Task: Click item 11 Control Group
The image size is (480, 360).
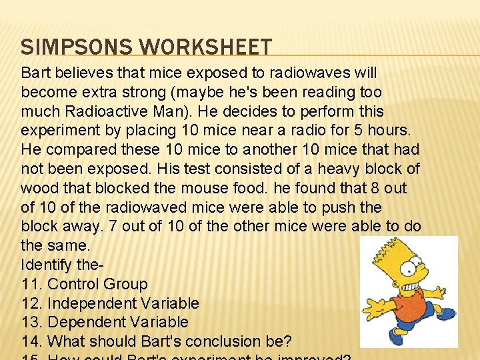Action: click(85, 284)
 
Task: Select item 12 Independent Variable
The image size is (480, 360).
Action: click(110, 303)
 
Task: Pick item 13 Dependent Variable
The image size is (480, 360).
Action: click(105, 322)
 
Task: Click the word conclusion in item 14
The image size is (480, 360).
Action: click(223, 341)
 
